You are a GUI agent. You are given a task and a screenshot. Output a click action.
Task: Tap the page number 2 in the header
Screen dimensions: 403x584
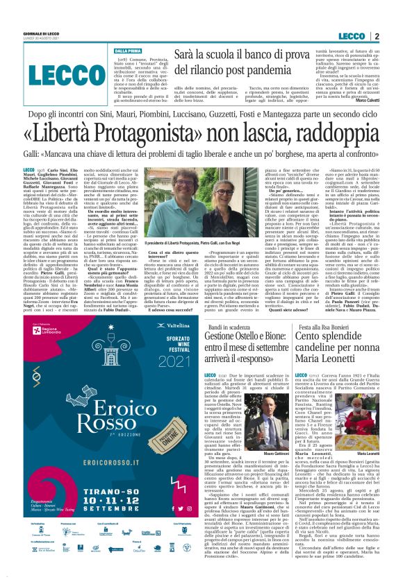pos(376,36)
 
